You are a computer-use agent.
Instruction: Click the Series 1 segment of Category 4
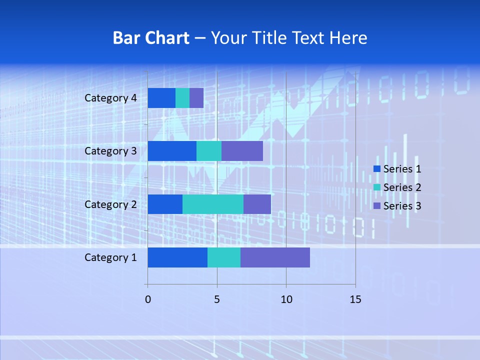click(x=161, y=98)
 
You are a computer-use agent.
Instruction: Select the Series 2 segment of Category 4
click(x=182, y=98)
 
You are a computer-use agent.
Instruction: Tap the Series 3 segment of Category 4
click(x=196, y=98)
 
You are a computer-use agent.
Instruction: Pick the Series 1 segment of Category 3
click(x=172, y=151)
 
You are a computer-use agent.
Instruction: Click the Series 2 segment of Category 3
click(x=209, y=151)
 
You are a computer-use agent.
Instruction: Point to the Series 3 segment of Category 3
click(x=242, y=151)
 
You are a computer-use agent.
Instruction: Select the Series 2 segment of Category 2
click(x=213, y=204)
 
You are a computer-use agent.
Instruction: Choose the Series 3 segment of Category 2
click(x=257, y=204)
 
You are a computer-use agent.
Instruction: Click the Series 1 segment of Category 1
click(x=177, y=257)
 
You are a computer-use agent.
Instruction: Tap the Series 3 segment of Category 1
click(x=275, y=257)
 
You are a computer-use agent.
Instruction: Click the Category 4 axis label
click(x=110, y=98)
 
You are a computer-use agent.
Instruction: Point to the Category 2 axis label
click(x=110, y=204)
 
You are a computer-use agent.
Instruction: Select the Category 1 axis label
click(x=110, y=257)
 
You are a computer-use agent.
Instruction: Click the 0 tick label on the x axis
click(x=148, y=299)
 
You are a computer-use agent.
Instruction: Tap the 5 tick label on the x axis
click(x=217, y=299)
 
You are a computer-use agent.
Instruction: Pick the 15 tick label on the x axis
click(x=355, y=299)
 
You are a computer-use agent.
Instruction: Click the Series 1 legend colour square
click(x=377, y=169)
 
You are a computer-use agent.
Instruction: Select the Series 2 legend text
click(x=402, y=187)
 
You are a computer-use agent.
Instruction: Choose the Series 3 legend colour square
click(x=377, y=205)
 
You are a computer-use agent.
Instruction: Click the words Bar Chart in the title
click(x=151, y=38)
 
